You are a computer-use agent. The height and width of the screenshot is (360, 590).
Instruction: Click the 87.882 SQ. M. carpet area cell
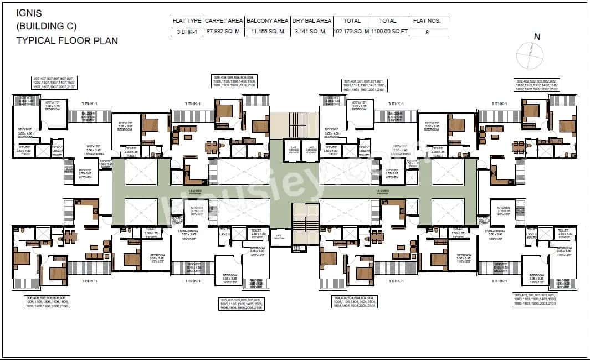[224, 32]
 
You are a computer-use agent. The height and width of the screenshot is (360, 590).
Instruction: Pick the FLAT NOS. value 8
[427, 32]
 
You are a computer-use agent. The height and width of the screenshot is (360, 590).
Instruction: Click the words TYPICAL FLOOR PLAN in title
[66, 40]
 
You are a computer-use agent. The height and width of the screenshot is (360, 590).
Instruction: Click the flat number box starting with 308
[234, 81]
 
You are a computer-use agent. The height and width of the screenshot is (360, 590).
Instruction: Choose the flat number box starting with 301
[364, 85]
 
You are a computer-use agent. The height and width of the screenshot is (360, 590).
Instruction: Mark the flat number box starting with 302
[536, 84]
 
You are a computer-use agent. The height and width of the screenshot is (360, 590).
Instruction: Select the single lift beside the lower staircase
[280, 236]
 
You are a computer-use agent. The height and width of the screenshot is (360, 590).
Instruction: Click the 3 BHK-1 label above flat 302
[500, 104]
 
